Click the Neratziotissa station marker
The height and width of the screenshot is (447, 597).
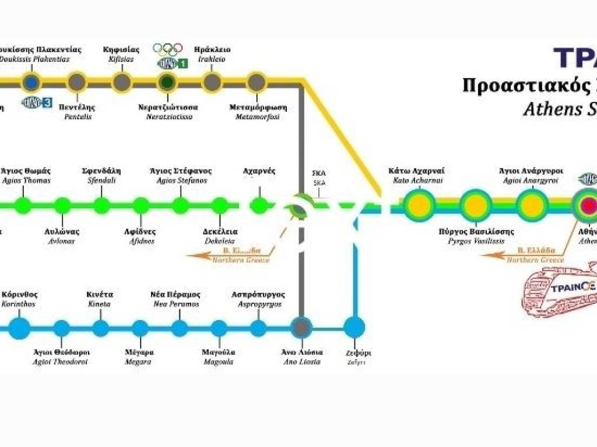167,82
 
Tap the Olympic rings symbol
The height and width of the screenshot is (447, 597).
168,49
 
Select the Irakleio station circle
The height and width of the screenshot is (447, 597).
212,82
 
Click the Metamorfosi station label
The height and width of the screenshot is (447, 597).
257,112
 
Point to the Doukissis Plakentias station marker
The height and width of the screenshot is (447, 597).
30,82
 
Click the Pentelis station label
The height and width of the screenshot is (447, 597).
77,112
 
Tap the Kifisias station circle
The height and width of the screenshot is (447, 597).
121,82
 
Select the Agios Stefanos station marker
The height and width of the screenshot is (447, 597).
180,205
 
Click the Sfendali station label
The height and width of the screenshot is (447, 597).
101,175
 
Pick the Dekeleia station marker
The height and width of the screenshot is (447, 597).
220,205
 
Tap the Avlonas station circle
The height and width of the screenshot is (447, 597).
62,205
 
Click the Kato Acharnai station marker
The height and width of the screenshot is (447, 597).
418,205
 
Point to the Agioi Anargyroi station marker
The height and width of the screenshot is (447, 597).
531,205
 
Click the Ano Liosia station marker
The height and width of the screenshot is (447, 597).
301,328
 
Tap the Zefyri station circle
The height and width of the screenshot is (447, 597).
354,328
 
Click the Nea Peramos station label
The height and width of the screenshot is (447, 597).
175,299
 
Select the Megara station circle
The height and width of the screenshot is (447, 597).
139,328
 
